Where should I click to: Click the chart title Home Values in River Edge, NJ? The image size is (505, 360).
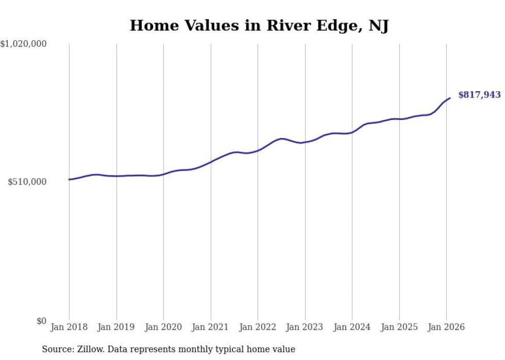click(259, 25)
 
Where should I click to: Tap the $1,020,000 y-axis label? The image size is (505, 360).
click(24, 44)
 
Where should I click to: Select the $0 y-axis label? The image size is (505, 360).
click(41, 321)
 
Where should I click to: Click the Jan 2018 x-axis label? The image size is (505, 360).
click(69, 327)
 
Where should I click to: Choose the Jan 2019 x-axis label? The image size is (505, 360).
click(116, 327)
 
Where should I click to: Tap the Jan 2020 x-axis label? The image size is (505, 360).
click(163, 327)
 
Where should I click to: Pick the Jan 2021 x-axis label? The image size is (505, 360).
click(211, 327)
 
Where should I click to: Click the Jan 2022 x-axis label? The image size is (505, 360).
click(258, 327)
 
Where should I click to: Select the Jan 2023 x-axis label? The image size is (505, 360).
click(305, 327)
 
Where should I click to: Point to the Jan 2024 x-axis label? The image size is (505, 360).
click(352, 327)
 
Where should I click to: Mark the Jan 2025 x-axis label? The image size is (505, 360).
click(399, 327)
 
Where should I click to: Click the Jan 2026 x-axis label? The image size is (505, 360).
click(446, 327)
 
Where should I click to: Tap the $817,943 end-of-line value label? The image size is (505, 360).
click(479, 95)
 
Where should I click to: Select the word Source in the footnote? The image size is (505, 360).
click(56, 349)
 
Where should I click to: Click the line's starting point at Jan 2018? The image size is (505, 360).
click(69, 179)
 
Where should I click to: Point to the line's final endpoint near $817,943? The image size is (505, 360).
click(450, 98)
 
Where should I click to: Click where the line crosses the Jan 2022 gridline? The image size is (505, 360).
click(258, 150)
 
